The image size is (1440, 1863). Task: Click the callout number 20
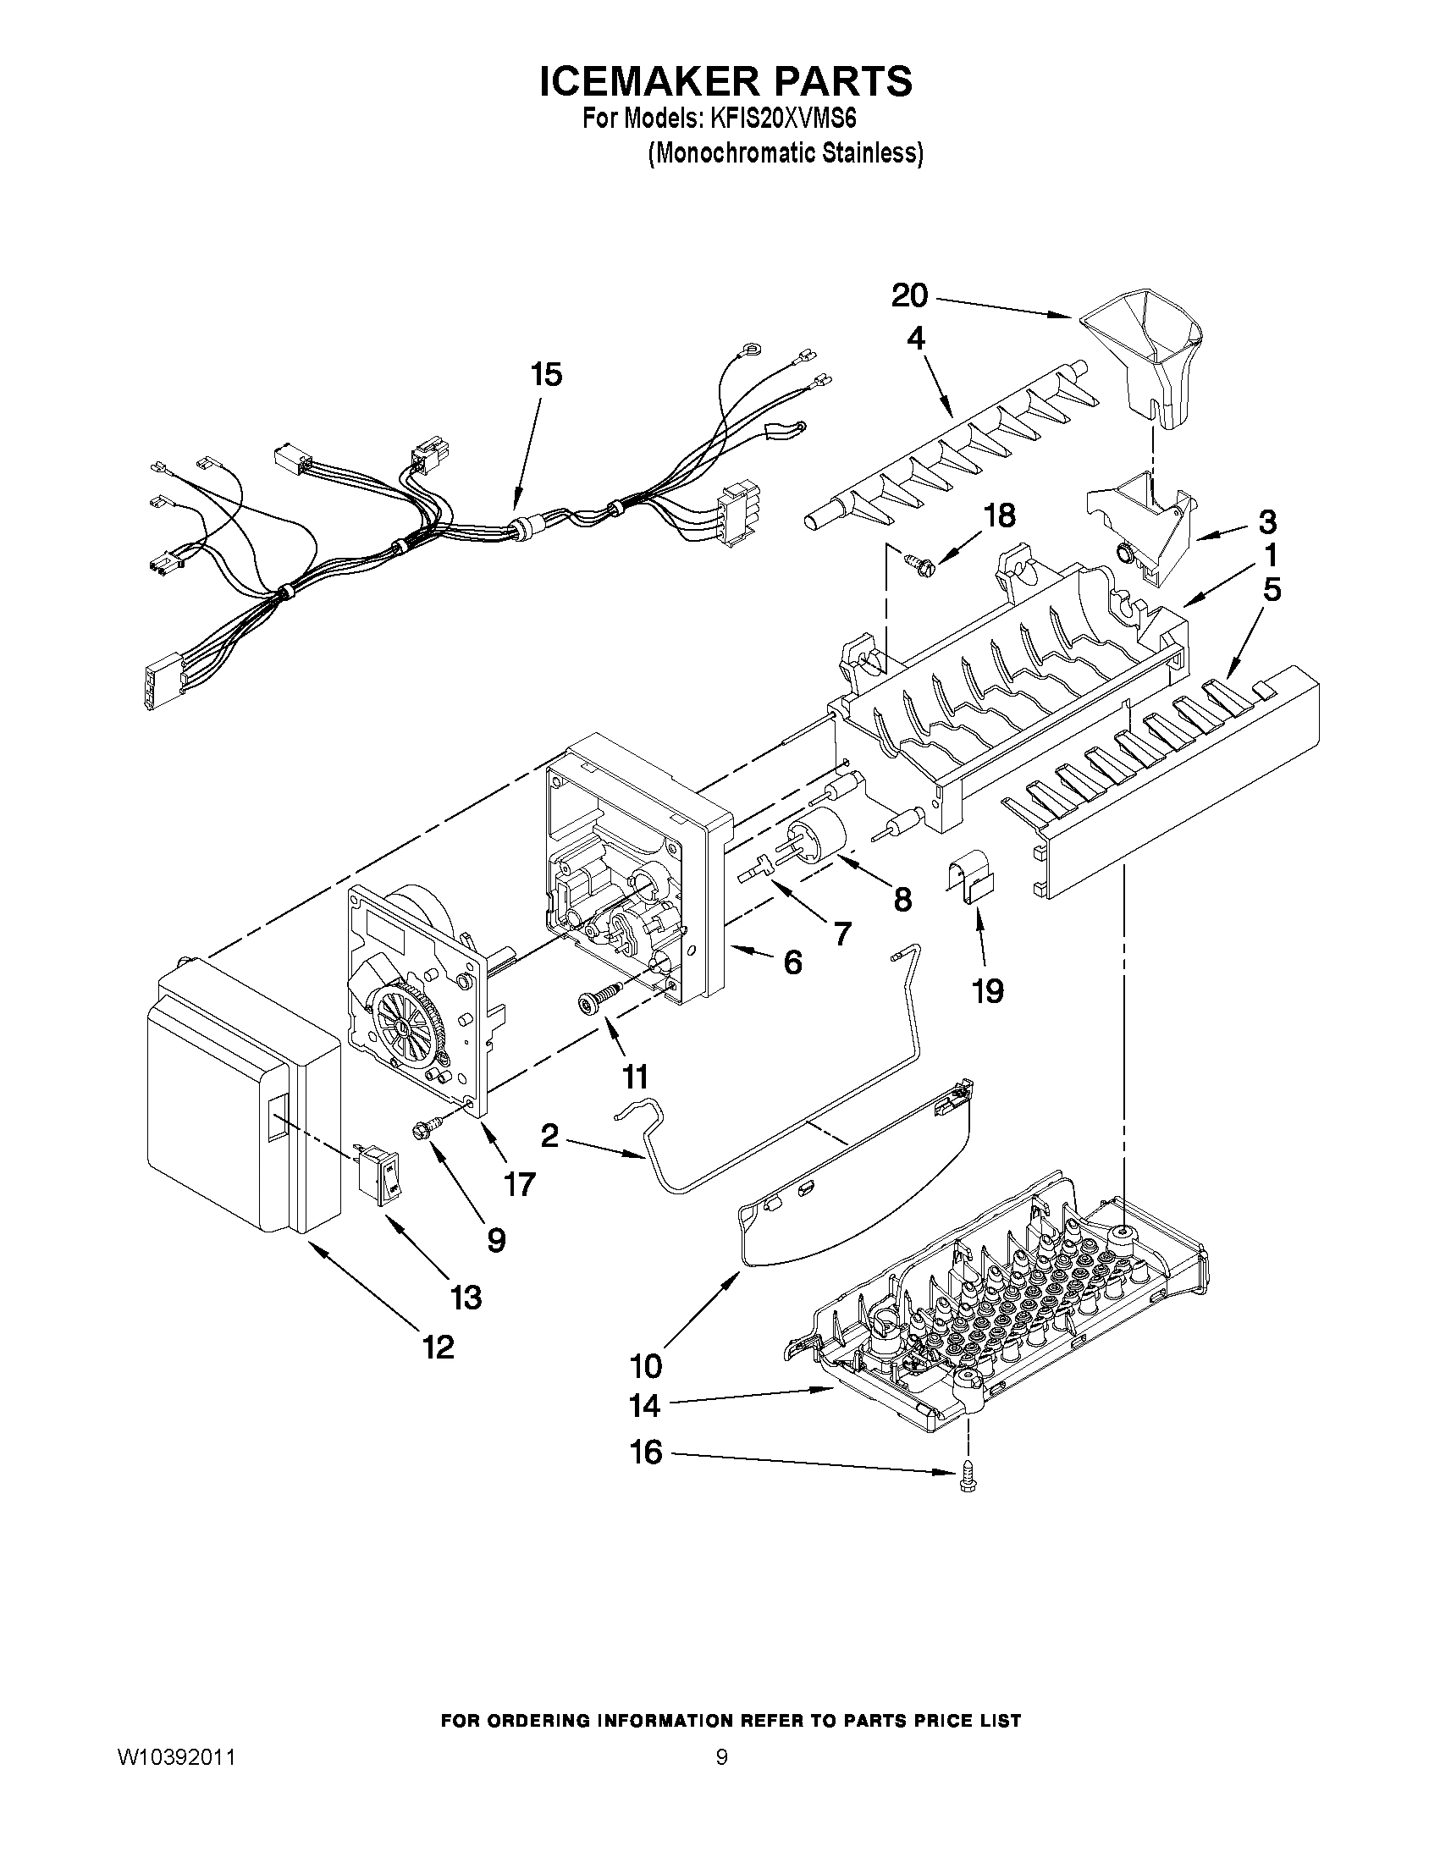(909, 296)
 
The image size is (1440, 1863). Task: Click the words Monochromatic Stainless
(786, 153)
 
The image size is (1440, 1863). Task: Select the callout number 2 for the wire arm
(549, 1134)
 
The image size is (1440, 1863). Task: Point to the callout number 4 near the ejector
(914, 339)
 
